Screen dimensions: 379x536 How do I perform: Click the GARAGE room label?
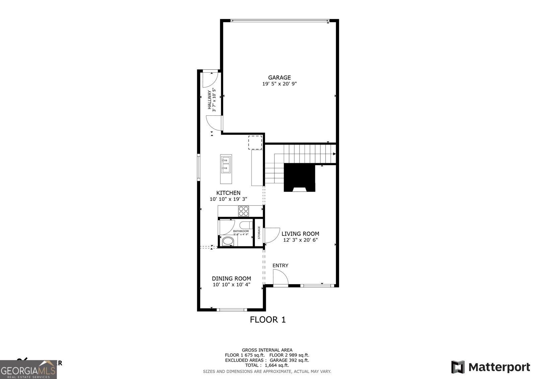pos(279,77)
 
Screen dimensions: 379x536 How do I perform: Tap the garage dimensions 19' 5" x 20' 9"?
pos(279,84)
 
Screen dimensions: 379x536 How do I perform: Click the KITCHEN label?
pos(228,193)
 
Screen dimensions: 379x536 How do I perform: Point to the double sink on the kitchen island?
pos(226,165)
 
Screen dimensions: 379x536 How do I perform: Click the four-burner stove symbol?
pos(244,211)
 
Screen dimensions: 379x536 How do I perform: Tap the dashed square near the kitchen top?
pos(255,142)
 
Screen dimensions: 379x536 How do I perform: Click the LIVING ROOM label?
pos(300,234)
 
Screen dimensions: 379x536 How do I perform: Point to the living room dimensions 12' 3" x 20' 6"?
pos(300,240)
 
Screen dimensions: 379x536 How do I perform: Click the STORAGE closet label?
pos(259,233)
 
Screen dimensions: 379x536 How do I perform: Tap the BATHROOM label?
pos(241,231)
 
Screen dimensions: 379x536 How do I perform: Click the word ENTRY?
pos(280,265)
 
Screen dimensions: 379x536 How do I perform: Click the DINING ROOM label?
pos(231,278)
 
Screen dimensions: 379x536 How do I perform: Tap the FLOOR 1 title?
pos(268,320)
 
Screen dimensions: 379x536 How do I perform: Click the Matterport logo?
pos(490,367)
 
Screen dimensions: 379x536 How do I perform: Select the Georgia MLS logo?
pos(28,370)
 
